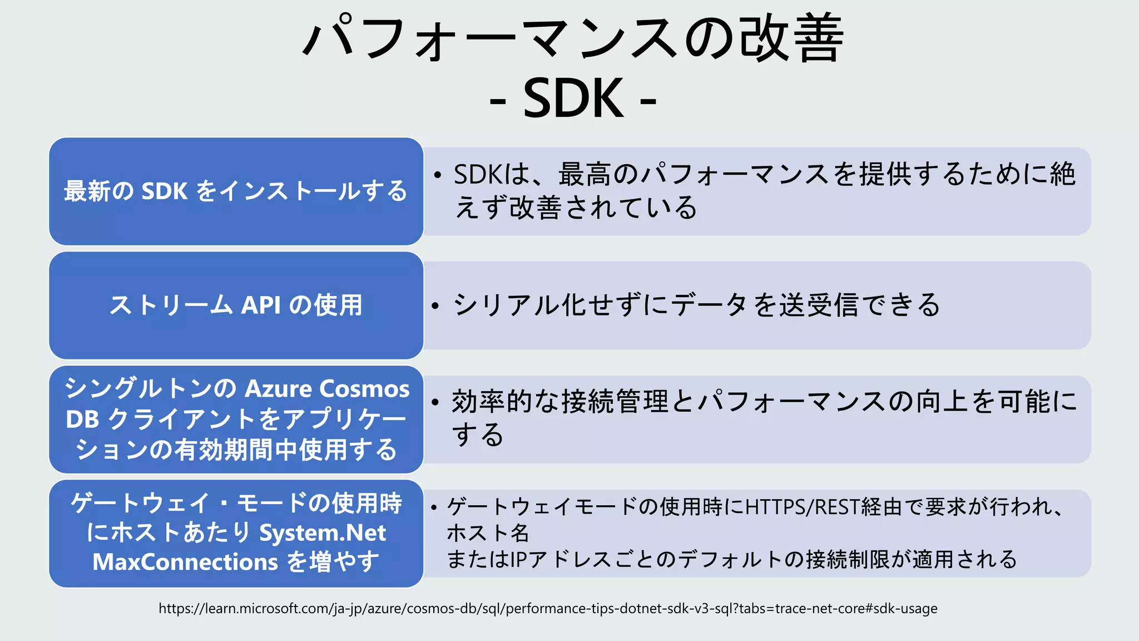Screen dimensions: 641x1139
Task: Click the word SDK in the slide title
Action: pyautogui.click(x=573, y=98)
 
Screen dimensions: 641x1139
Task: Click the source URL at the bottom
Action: pyautogui.click(x=548, y=608)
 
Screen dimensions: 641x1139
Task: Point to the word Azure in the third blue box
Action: pyautogui.click(x=278, y=388)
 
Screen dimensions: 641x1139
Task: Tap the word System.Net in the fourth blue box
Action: pyautogui.click(x=323, y=533)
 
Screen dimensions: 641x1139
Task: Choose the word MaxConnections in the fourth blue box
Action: pyautogui.click(x=185, y=562)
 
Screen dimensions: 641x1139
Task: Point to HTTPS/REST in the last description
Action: pyautogui.click(x=801, y=507)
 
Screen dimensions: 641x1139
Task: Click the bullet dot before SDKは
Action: pyautogui.click(x=438, y=175)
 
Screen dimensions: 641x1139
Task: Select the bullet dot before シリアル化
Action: pyautogui.click(x=435, y=305)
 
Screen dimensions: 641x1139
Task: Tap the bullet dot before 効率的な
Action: pyautogui.click(x=435, y=402)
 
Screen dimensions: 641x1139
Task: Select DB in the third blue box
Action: pyautogui.click(x=82, y=420)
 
